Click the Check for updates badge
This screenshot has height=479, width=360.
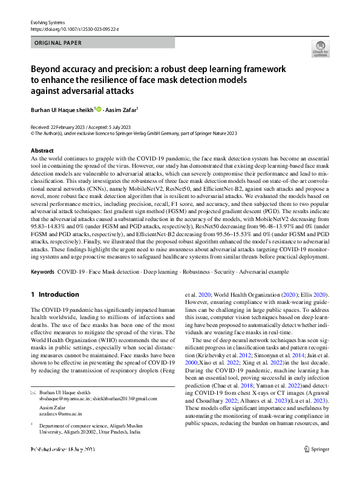click(x=320, y=49)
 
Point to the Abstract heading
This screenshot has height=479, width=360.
click(x=42, y=150)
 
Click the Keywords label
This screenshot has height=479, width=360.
click(x=42, y=272)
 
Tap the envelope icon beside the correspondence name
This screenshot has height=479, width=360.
click(x=33, y=393)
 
